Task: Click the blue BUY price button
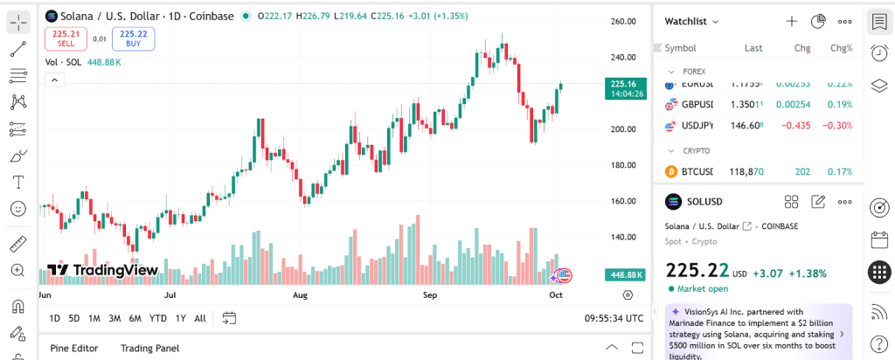(133, 38)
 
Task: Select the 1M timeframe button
(94, 318)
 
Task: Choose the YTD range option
(158, 318)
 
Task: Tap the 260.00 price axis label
(622, 22)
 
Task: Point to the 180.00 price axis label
(622, 165)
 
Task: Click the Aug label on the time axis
(300, 295)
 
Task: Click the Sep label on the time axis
(429, 295)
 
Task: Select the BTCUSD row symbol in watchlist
(697, 171)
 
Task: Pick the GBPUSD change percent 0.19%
(840, 105)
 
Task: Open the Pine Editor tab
(73, 348)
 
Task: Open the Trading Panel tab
(149, 348)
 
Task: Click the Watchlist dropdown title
(691, 21)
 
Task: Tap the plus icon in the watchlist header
(792, 21)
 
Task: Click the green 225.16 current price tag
(626, 88)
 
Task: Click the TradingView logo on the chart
(102, 270)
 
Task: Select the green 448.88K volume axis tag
(626, 274)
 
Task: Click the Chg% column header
(841, 48)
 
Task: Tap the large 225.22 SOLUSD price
(697, 271)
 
